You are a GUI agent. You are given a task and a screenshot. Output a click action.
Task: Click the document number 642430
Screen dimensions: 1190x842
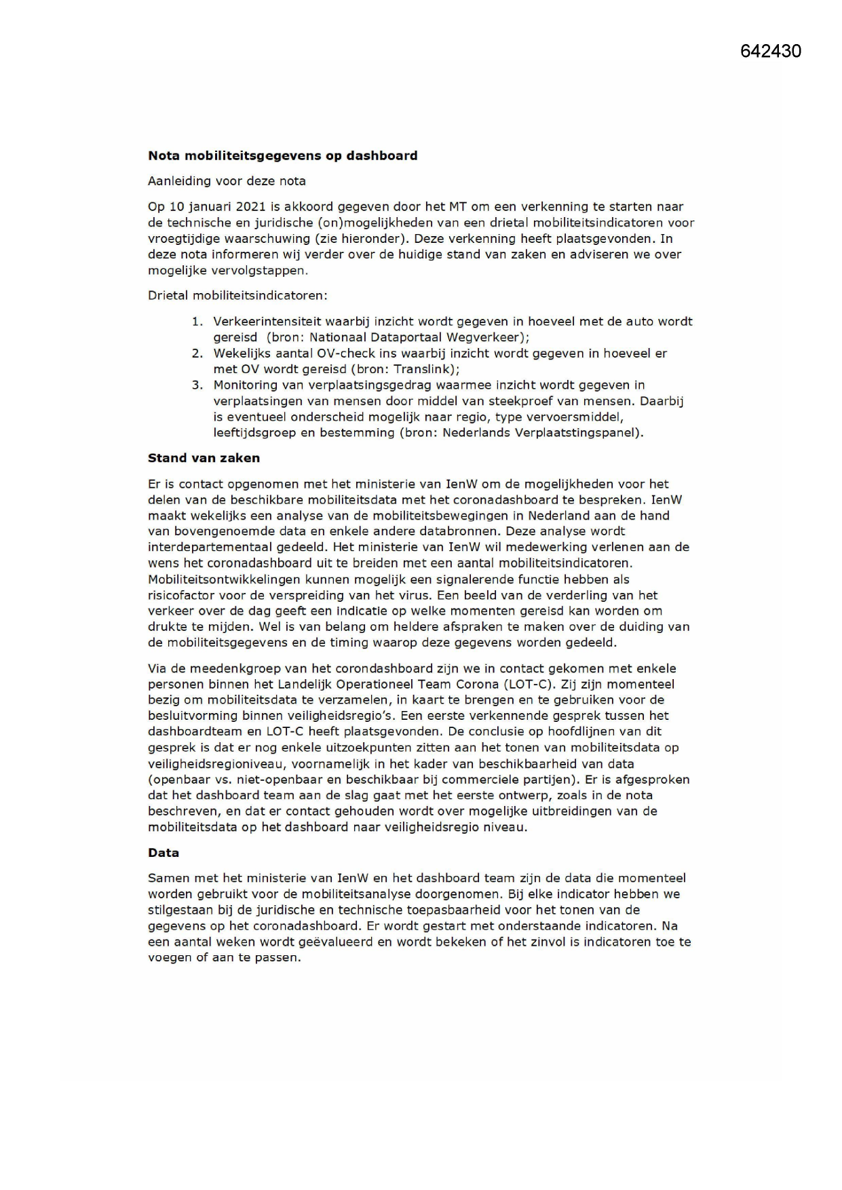coord(770,52)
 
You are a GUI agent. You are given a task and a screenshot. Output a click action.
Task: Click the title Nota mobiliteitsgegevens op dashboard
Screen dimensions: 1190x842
coord(283,155)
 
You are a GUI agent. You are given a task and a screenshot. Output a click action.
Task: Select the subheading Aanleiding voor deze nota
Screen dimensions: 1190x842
coord(227,181)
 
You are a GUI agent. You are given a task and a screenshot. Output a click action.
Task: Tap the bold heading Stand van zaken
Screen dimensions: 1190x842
coord(204,458)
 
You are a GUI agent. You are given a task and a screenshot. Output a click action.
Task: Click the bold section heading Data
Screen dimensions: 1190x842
coord(164,853)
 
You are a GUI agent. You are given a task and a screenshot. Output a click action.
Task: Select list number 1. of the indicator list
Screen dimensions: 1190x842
coord(197,322)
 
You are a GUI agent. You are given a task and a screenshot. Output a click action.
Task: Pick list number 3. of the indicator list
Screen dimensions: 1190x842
coord(197,385)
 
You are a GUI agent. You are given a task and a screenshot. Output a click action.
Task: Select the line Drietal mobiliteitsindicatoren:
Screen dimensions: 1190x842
coord(237,296)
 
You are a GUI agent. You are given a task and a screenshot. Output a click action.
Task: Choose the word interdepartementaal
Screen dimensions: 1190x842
coord(215,547)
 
